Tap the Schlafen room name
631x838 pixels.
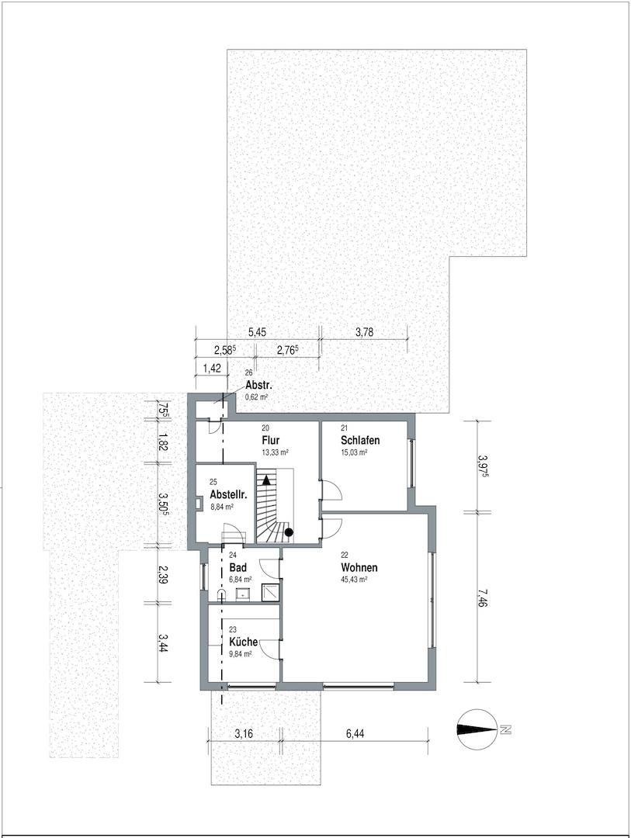click(359, 441)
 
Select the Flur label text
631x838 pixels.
click(271, 441)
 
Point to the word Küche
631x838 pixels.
click(243, 642)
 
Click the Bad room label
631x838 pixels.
click(238, 568)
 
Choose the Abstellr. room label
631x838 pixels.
click(228, 494)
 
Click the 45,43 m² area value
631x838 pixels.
click(354, 579)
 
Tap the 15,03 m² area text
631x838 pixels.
click(354, 452)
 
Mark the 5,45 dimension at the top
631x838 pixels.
click(256, 332)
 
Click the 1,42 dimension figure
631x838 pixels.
click(210, 368)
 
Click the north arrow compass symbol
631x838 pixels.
click(476, 729)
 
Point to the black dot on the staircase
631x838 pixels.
click(289, 532)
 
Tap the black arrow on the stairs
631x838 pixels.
click(266, 481)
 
